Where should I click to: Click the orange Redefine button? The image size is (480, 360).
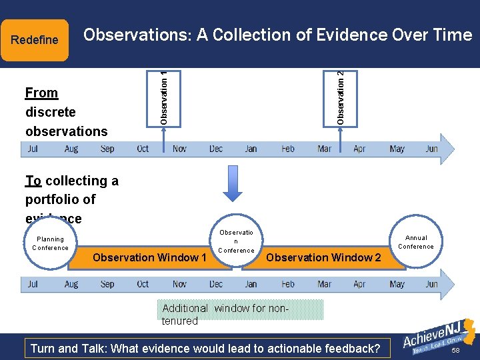[x=35, y=40]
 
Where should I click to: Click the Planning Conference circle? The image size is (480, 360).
[x=50, y=243]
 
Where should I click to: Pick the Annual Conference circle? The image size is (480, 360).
[x=416, y=242]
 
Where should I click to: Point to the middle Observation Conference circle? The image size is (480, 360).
[x=236, y=241]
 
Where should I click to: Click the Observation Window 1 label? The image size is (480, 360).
[x=149, y=257]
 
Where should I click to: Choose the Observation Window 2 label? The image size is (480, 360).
[x=323, y=257]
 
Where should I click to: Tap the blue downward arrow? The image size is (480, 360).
[x=233, y=183]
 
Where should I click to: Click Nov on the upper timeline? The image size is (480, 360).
[x=179, y=149]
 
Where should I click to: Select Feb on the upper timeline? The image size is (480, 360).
[x=288, y=149]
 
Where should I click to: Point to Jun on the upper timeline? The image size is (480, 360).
[x=431, y=149]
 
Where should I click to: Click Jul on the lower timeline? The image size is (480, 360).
[x=33, y=284]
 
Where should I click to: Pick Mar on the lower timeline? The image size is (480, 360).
[x=324, y=284]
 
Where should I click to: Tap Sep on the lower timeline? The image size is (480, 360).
[x=107, y=284]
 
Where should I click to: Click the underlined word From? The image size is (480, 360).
[x=41, y=93]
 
